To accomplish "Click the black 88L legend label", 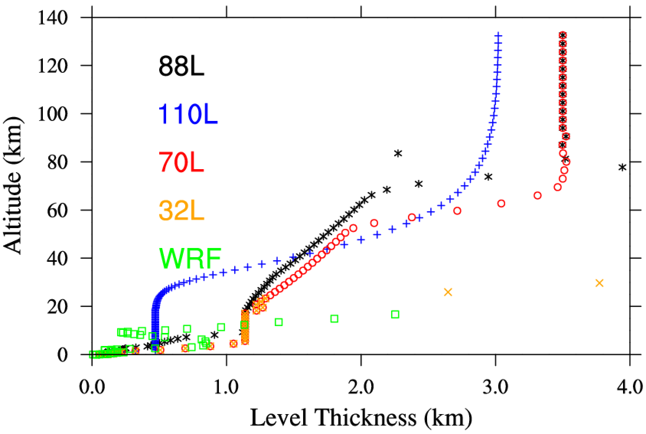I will pyautogui.click(x=181, y=66).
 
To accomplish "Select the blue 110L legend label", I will pyautogui.click(x=188, y=114).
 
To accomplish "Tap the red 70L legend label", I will pyautogui.click(x=181, y=162).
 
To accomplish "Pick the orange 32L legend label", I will pyautogui.click(x=181, y=210).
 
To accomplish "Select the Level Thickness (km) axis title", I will pyautogui.click(x=361, y=418).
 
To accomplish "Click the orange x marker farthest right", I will pyautogui.click(x=599, y=283).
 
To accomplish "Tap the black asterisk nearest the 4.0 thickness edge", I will pyautogui.click(x=622, y=167).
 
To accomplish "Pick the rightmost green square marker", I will pyautogui.click(x=395, y=314).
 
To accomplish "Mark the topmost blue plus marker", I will pyautogui.click(x=498, y=36).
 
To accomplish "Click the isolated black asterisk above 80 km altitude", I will pyautogui.click(x=398, y=153).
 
